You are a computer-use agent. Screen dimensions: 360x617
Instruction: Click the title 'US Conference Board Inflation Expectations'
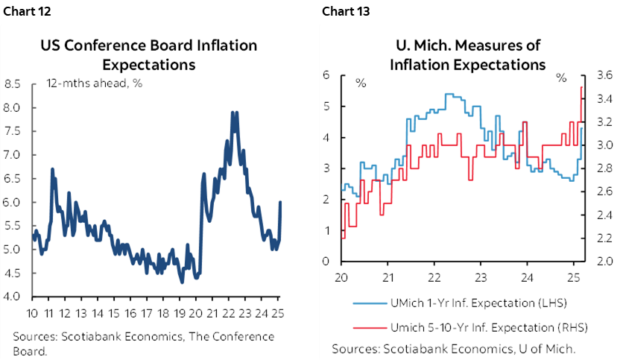click(148, 54)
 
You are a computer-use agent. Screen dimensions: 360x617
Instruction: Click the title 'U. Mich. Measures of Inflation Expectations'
click(467, 54)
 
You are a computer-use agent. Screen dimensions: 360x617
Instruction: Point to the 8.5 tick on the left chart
click(14, 83)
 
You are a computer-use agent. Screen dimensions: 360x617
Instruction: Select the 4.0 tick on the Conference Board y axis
click(14, 297)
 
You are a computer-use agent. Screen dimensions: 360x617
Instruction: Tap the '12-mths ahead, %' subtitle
click(94, 83)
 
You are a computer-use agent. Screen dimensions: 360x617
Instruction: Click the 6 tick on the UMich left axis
click(326, 75)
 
